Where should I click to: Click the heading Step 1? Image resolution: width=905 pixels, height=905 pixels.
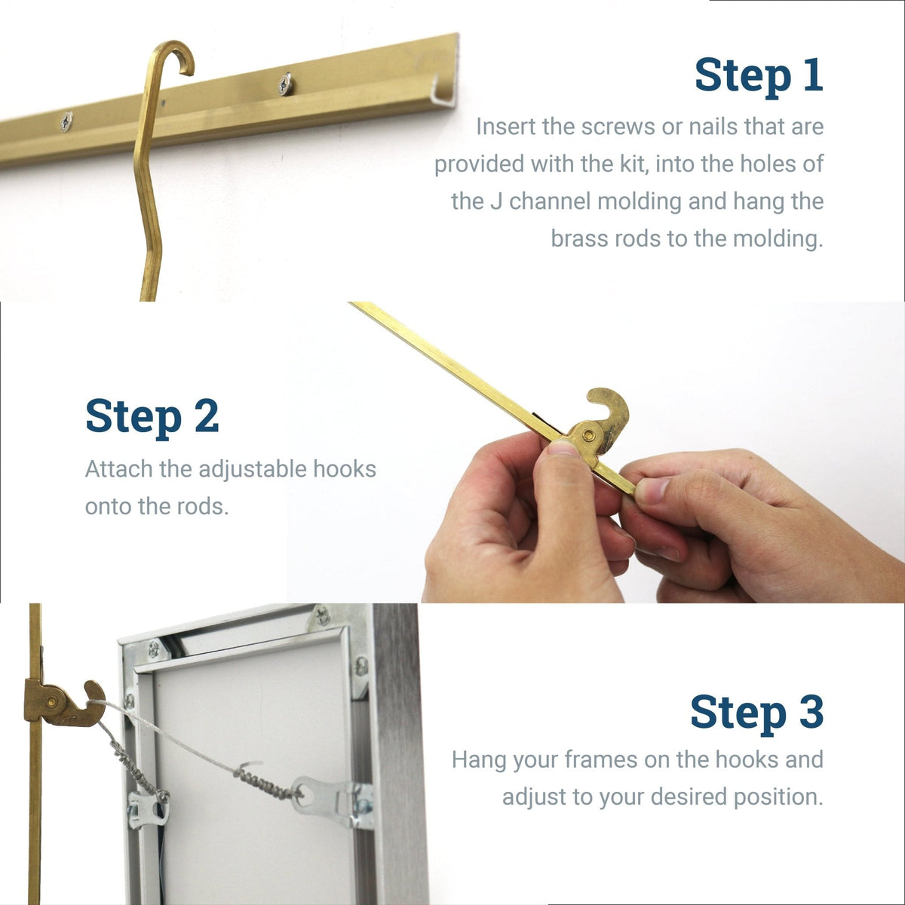coord(758,75)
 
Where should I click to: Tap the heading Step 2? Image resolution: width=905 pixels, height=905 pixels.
coord(152,416)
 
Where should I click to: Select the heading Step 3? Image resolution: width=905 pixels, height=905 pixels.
coord(756,713)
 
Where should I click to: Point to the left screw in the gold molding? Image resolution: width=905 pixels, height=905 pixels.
coord(66,121)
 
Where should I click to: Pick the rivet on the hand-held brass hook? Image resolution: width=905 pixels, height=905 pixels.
coord(587,435)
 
